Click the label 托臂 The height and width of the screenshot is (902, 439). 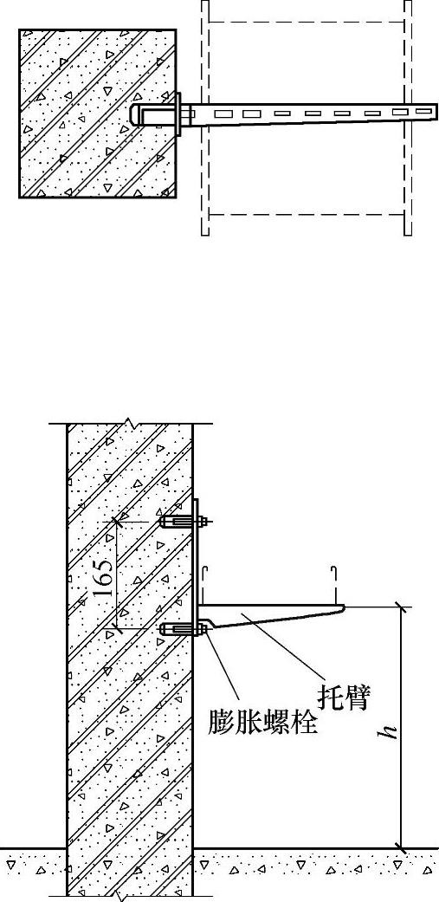[x=344, y=698]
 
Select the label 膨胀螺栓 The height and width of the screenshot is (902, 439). [x=262, y=720]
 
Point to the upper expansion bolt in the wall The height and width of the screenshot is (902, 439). [x=183, y=522]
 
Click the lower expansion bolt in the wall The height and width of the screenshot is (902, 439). [x=183, y=629]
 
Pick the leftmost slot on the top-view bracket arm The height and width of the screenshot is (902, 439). [x=223, y=114]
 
